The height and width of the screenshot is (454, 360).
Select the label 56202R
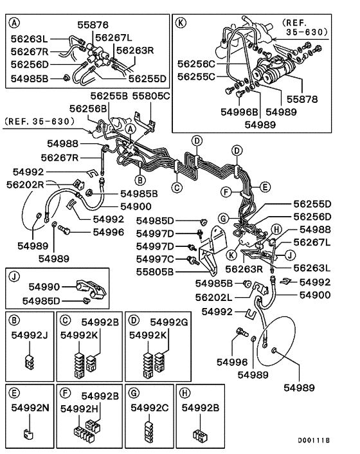[25, 184]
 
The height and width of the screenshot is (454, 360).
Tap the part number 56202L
[215, 298]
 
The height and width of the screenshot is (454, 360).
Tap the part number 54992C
[150, 407]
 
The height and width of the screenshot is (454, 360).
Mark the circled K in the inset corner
[181, 23]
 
